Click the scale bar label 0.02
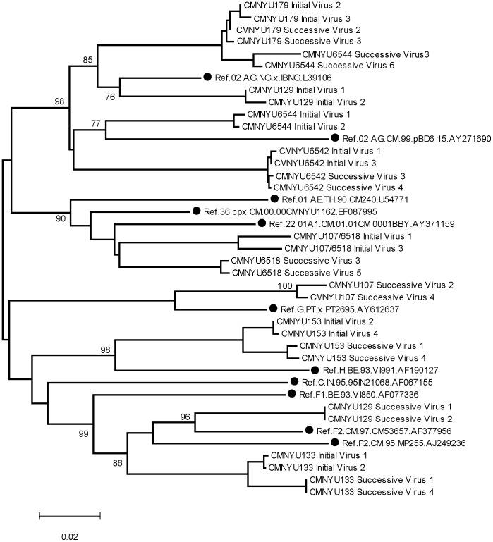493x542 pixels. (69, 536)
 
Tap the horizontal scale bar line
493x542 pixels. (69, 516)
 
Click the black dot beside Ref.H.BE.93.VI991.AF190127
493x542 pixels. (315, 370)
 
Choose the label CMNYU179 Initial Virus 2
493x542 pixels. (291, 6)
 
